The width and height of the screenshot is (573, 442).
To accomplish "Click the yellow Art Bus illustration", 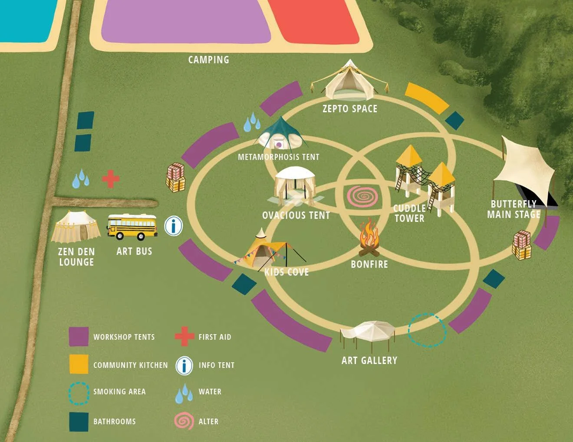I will pos(132,227).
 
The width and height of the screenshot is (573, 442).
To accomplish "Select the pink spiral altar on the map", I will pos(362,196).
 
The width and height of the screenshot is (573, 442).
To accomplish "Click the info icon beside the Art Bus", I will pos(174,226).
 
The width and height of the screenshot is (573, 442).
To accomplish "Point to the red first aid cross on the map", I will pos(111,179).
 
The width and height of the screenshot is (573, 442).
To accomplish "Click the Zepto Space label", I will pos(350,109).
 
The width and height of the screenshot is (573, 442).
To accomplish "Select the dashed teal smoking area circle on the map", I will pos(427,330).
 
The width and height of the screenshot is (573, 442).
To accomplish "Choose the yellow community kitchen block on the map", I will pos(426,98).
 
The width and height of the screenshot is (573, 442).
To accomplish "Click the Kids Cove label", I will pos(286,272).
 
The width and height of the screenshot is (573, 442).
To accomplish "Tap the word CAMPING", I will pos(209,60).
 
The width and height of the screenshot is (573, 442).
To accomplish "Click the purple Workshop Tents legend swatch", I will pos(79,337).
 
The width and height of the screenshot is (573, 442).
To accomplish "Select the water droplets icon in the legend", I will pos(184,393).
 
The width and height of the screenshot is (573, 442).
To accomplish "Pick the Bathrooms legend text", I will pos(115,422).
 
